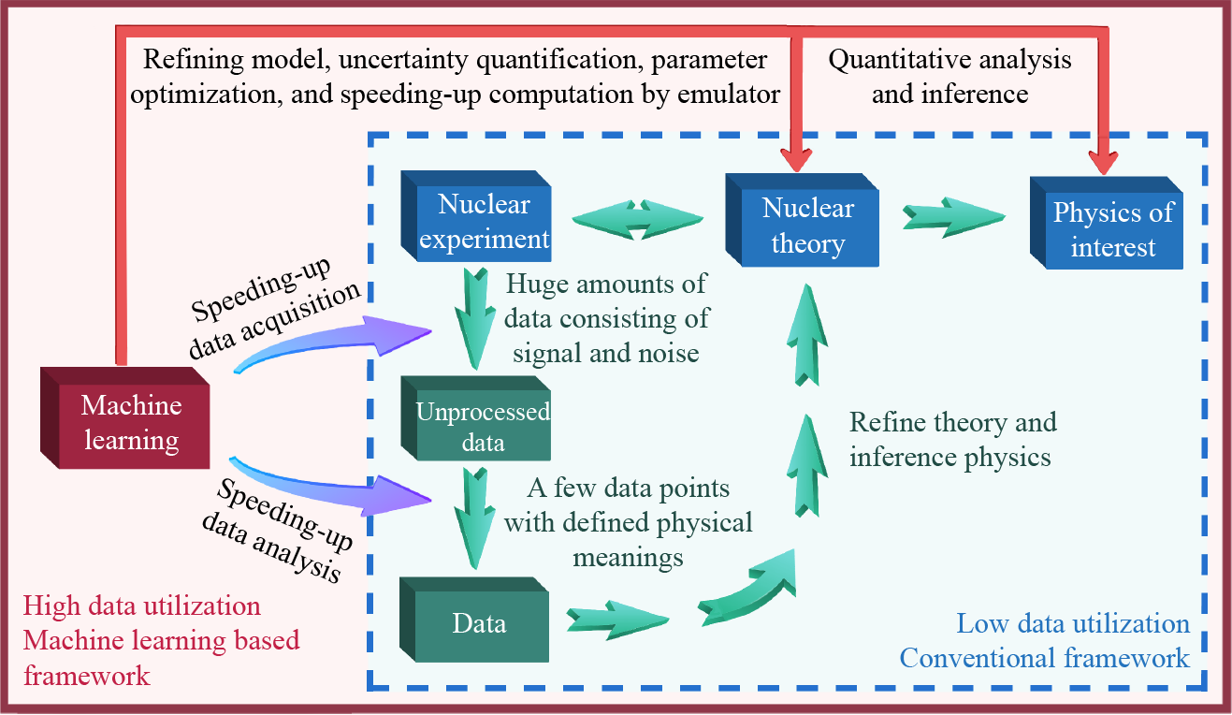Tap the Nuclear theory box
(x=806, y=226)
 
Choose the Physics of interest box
(x=1110, y=229)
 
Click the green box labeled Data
(x=478, y=622)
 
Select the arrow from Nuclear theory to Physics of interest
(x=952, y=217)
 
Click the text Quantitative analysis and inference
(x=950, y=77)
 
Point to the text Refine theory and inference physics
(x=952, y=438)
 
